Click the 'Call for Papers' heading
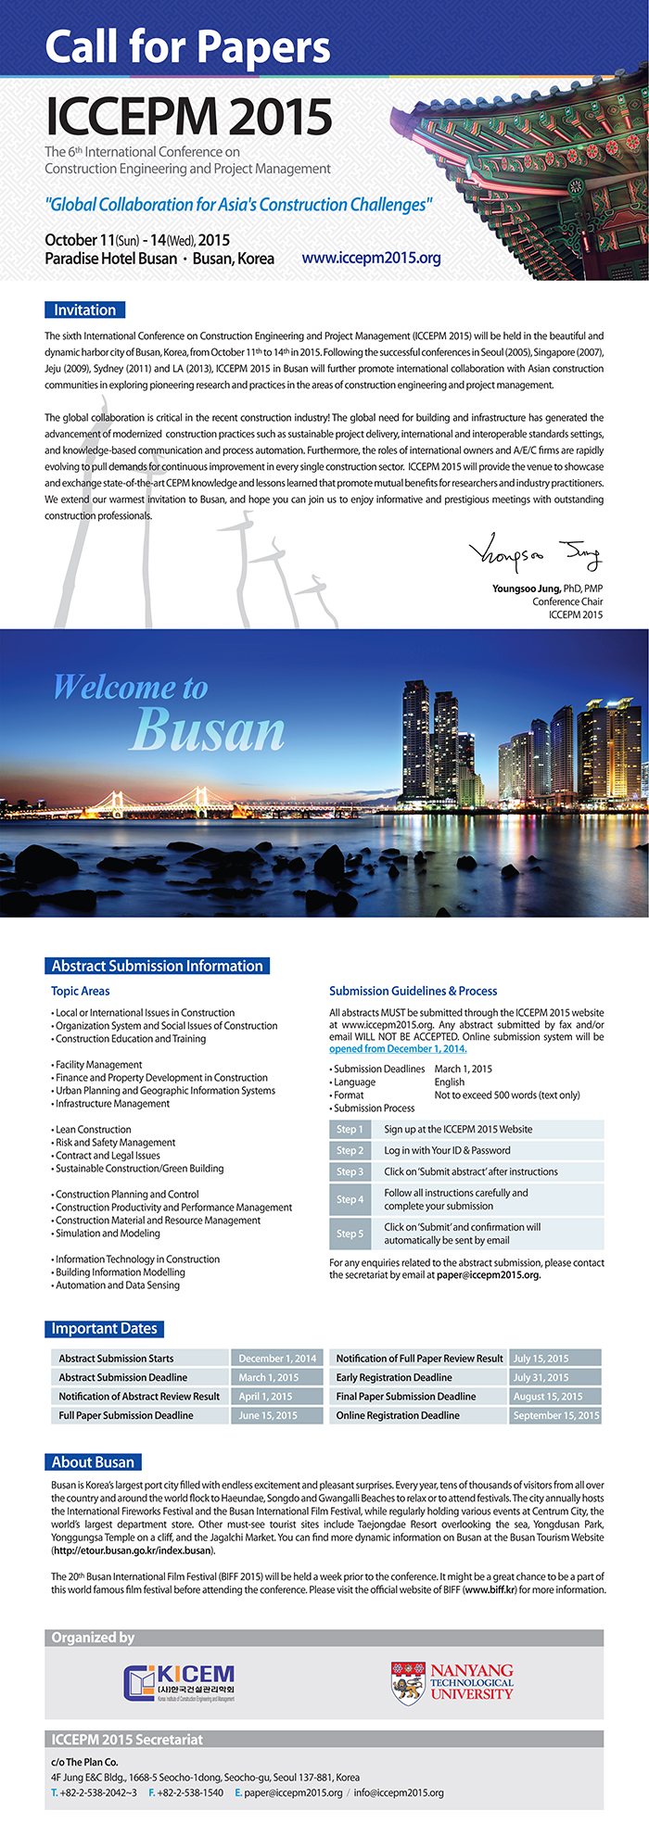click(187, 47)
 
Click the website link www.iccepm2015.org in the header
click(371, 258)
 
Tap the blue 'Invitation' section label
click(84, 310)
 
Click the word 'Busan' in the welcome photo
click(209, 731)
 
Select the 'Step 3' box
click(350, 1171)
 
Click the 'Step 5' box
click(350, 1234)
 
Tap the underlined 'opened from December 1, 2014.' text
click(398, 1048)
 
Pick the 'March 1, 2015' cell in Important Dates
click(268, 1377)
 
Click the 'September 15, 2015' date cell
click(556, 1415)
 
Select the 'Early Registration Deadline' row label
click(394, 1377)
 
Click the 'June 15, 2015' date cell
click(268, 1415)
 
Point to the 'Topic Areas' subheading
click(81, 991)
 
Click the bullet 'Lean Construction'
click(94, 1130)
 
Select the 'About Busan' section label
click(93, 1462)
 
